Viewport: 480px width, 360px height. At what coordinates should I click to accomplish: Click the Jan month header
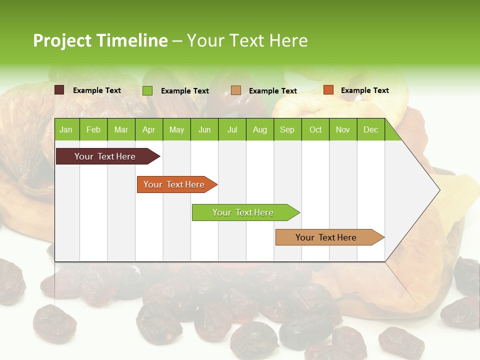click(x=66, y=129)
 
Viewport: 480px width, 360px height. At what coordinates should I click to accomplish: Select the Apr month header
click(x=148, y=129)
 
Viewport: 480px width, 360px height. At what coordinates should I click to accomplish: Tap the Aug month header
click(x=259, y=129)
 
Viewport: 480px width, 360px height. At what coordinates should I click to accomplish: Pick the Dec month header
click(x=370, y=129)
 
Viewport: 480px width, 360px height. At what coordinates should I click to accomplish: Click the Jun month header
click(x=204, y=129)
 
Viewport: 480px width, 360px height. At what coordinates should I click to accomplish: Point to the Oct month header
click(x=315, y=129)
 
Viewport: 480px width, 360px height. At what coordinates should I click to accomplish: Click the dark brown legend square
click(x=59, y=90)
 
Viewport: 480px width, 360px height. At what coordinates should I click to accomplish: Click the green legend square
click(x=147, y=90)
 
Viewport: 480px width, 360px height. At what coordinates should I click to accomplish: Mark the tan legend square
click(x=235, y=90)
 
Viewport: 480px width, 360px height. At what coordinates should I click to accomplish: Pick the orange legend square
click(x=328, y=90)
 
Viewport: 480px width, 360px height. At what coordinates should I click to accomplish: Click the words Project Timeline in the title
click(x=100, y=40)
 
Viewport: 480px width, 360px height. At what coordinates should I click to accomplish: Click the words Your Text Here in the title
click(x=247, y=40)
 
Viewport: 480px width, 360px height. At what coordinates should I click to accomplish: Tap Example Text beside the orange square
click(x=364, y=90)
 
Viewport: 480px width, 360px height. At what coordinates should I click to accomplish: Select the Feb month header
click(x=93, y=129)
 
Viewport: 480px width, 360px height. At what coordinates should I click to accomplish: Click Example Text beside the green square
click(x=184, y=91)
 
